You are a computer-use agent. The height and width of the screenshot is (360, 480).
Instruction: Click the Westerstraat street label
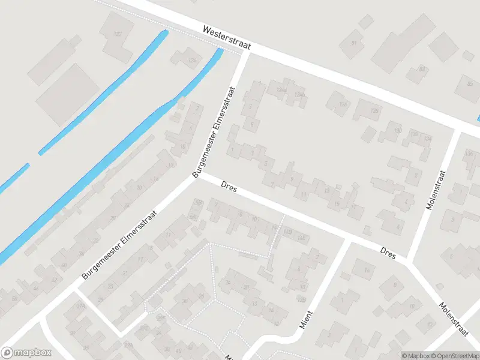[x=227, y=37]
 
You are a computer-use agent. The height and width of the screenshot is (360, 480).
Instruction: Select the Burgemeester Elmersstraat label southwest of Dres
[x=120, y=244]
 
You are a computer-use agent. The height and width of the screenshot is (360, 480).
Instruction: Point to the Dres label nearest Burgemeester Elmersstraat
[x=229, y=188]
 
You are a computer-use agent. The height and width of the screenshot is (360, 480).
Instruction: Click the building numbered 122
[x=118, y=34]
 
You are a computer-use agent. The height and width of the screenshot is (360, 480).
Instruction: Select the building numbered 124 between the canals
[x=192, y=60]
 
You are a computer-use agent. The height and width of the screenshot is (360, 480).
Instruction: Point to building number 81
[x=354, y=43]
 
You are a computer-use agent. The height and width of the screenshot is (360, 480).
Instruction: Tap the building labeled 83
[x=422, y=69]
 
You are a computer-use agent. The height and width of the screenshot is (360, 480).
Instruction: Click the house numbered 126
[x=343, y=104]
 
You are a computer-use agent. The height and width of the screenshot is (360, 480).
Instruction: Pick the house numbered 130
[x=397, y=130]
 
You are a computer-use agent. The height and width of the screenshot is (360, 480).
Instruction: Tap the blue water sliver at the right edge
[x=478, y=118]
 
